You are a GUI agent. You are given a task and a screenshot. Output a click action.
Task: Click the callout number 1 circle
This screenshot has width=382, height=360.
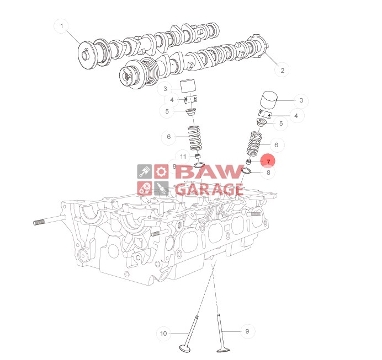[62, 26]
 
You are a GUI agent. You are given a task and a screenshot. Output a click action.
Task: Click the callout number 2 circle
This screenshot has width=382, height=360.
[282, 71]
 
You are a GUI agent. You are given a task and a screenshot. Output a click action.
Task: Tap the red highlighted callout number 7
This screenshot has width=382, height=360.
[268, 162]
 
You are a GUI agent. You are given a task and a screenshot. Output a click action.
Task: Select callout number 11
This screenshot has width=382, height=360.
[183, 157]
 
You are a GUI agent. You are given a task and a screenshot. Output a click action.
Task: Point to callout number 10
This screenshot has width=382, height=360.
[163, 333]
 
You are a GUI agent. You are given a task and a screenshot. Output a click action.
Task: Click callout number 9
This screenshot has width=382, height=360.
[247, 331]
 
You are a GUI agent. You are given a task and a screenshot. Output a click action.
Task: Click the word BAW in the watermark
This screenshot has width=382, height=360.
[209, 171]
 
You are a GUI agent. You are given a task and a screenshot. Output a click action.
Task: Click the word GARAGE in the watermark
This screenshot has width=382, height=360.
[209, 189]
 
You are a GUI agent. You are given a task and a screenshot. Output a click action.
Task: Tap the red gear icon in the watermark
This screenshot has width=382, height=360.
[161, 171]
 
